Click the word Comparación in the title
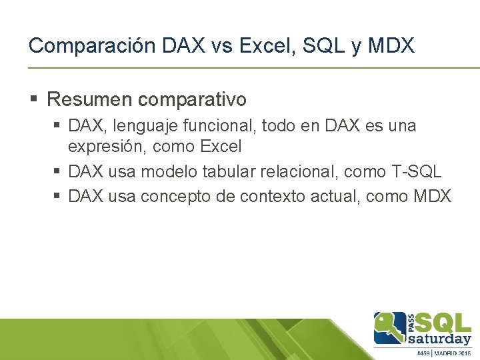[x=91, y=45]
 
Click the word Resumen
[x=91, y=100]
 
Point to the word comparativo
[x=193, y=100]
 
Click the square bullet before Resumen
[x=34, y=100]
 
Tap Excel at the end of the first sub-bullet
[x=221, y=147]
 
